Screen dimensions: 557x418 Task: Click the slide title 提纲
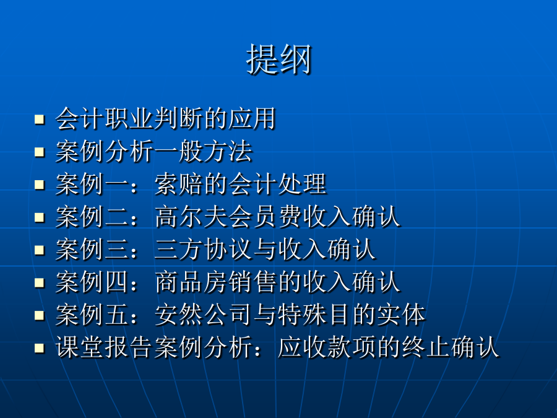click(278, 59)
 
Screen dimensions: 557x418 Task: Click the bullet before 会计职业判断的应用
click(40, 119)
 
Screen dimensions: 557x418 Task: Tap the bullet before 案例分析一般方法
click(40, 152)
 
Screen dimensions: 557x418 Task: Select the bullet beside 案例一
click(40, 185)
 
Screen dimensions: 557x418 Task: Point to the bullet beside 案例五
click(40, 316)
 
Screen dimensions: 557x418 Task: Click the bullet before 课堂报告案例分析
click(40, 348)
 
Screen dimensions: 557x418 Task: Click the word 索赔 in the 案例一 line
click(179, 184)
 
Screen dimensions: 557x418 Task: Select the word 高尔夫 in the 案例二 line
click(191, 217)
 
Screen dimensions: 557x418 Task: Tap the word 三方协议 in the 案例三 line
click(204, 250)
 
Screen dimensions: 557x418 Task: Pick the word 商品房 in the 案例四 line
click(191, 282)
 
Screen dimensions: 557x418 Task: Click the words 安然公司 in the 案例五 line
click(204, 315)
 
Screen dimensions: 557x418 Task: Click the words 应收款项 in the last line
click(327, 347)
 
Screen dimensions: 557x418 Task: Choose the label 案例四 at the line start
click(92, 282)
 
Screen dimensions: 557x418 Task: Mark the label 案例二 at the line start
click(92, 217)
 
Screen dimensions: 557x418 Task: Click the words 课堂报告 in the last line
click(105, 347)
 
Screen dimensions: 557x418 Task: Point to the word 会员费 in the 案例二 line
click(266, 217)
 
